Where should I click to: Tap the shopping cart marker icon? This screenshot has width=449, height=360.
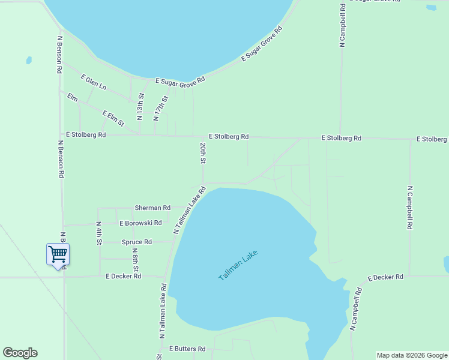(x=58, y=254)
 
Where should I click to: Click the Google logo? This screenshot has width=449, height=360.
(x=20, y=353)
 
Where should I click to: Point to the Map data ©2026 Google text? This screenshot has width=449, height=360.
(x=411, y=355)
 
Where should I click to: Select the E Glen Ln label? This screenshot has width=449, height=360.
(x=93, y=82)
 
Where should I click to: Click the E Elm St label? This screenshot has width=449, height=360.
(x=113, y=118)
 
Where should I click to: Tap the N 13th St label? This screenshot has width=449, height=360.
(x=140, y=106)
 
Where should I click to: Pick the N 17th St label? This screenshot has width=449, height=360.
(x=160, y=108)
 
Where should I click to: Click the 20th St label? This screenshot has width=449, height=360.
(x=203, y=153)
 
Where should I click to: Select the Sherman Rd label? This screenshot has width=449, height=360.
(x=152, y=208)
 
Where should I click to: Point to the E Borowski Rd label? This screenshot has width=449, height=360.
(x=140, y=223)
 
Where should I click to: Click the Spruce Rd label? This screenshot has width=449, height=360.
(x=137, y=242)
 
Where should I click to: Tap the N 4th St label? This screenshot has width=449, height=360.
(x=99, y=233)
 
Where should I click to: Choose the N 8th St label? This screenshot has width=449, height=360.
(x=136, y=259)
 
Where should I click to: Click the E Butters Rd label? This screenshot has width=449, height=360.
(x=187, y=348)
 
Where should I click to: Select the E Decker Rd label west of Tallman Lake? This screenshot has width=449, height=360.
(x=123, y=276)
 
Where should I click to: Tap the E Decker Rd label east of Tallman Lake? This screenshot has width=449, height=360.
(x=385, y=277)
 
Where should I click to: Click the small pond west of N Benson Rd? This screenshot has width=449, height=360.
(x=29, y=61)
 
